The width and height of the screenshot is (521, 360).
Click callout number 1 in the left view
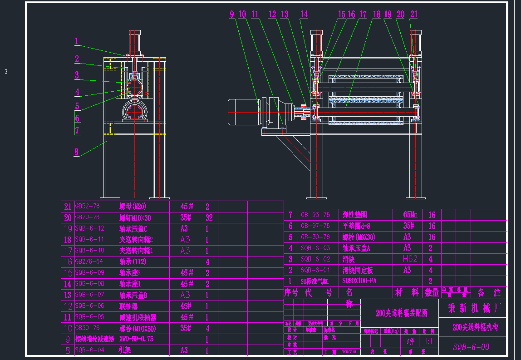pyautogui.click(x=77, y=41)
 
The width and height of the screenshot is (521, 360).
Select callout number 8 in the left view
pyautogui.click(x=77, y=152)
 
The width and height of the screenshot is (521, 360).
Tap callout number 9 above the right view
pyautogui.click(x=232, y=15)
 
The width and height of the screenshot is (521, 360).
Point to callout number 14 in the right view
pyautogui.click(x=304, y=15)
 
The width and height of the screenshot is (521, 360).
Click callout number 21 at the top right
pyautogui.click(x=413, y=15)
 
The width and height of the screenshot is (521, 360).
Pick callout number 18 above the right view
pyautogui.click(x=377, y=15)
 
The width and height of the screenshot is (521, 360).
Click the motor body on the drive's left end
pyautogui.click(x=244, y=112)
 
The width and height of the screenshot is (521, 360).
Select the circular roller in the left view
pyautogui.click(x=134, y=86)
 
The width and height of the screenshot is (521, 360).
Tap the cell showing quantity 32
pyautogui.click(x=209, y=217)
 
